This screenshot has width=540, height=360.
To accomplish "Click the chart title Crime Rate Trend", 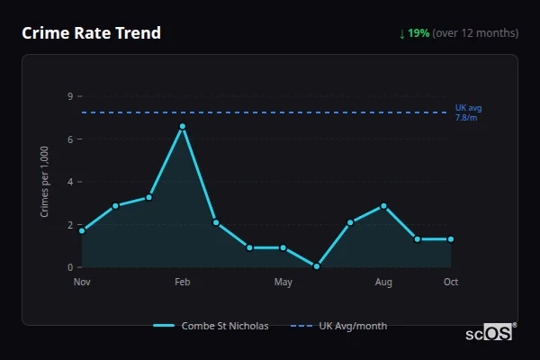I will tap(91, 33).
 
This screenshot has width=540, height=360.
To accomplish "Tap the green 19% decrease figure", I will tap(418, 33).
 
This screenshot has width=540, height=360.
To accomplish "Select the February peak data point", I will tap(183, 127).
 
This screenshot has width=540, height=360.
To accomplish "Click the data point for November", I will tap(82, 231).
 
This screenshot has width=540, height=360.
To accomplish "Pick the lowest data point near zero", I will tap(317, 266).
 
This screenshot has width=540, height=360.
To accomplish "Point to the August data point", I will tap(383, 206).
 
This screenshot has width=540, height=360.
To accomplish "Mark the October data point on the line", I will tap(451, 239).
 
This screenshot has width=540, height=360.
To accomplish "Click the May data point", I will tap(283, 247).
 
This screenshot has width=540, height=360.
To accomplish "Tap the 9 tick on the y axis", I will tap(69, 96).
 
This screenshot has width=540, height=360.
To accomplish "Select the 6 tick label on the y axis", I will tap(69, 139).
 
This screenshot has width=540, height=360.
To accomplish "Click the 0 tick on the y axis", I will tap(69, 267).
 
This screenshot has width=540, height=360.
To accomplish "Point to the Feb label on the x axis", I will tap(183, 283).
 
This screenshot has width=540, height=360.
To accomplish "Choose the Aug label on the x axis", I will tap(383, 283).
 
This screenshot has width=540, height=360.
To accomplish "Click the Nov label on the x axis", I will tap(82, 283).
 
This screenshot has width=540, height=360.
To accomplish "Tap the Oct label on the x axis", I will tap(451, 283).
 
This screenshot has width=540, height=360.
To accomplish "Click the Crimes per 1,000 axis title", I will tap(44, 183).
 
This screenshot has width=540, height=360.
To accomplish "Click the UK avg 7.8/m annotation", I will tap(468, 112).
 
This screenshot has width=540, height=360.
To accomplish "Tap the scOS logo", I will tap(490, 332).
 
